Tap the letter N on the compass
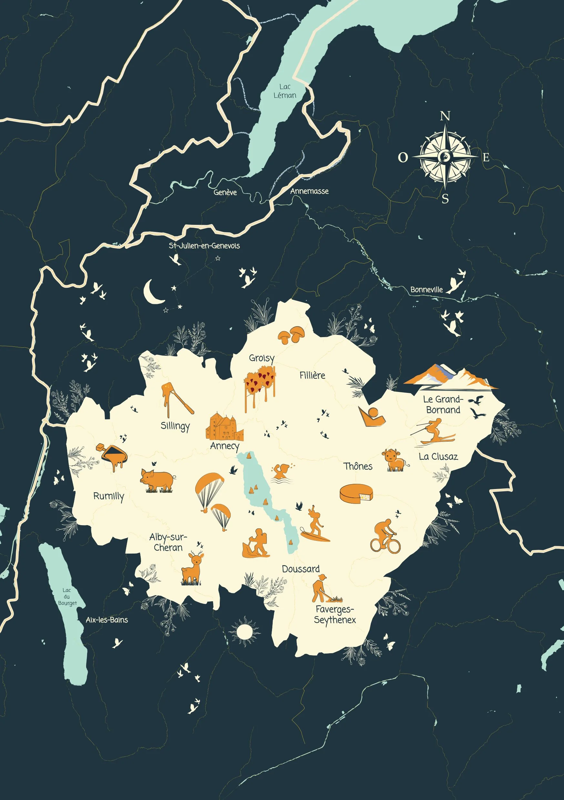[x=445, y=116]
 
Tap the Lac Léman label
[x=285, y=91]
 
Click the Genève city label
[x=225, y=192]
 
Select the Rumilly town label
[x=108, y=496]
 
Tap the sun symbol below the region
[x=244, y=631]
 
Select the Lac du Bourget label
[x=67, y=596]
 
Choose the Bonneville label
[x=426, y=290]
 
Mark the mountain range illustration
[x=450, y=377]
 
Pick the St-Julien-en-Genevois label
[x=204, y=245]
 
